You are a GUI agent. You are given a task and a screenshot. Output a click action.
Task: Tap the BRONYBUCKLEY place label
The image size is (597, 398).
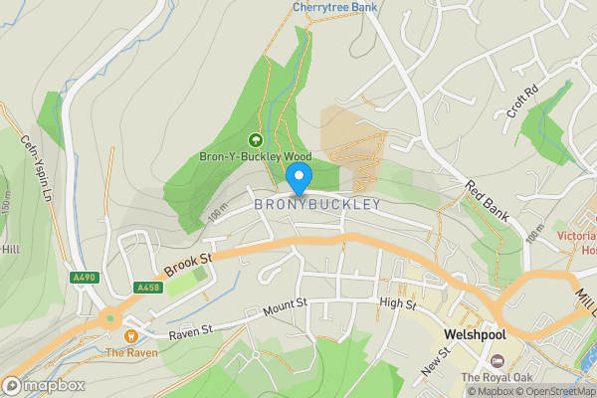tap(317, 204)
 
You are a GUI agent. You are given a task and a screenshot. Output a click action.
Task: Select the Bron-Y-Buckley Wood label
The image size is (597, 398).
tap(255, 156)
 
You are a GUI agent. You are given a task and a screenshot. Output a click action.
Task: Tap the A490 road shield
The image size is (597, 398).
tap(86, 278)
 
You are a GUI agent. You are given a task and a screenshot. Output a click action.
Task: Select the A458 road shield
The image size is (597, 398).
tap(147, 288)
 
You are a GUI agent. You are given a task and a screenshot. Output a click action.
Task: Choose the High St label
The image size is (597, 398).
tap(397, 302)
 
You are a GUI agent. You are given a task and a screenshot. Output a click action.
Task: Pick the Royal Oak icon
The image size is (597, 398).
tap(498, 360)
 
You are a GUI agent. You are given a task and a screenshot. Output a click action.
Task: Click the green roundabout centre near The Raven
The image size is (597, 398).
tap(110, 319)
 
